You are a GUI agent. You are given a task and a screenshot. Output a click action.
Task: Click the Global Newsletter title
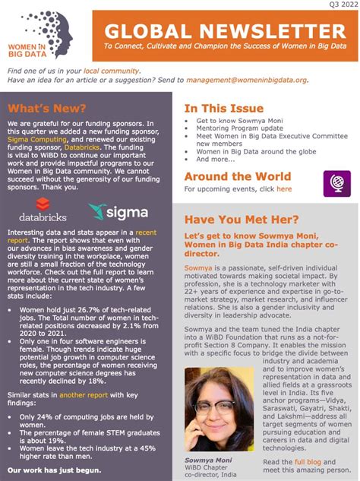click(225, 31)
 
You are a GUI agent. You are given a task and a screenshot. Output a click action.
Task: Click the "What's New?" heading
click(39, 107)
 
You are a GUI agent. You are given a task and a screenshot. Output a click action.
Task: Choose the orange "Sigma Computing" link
click(33, 140)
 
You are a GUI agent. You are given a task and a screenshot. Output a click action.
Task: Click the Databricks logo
click(43, 207)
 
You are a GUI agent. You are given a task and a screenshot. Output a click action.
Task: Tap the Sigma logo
click(118, 210)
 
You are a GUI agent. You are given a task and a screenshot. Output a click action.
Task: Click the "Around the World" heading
click(237, 176)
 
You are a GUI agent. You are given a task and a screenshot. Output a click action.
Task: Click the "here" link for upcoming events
click(284, 188)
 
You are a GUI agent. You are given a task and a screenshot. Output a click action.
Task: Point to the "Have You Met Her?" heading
click(241, 220)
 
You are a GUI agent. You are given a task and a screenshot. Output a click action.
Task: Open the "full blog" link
click(308, 462)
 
